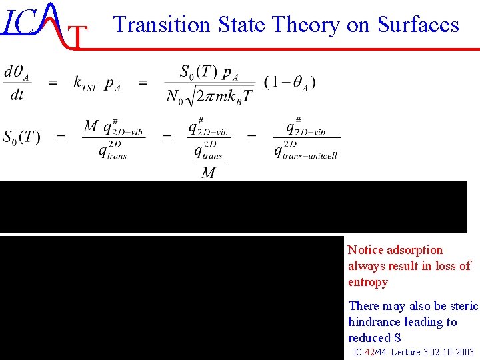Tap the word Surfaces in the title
click(x=419, y=25)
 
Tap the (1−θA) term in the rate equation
click(x=290, y=83)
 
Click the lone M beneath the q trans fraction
click(x=209, y=173)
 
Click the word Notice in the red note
click(x=366, y=250)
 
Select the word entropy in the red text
click(x=368, y=282)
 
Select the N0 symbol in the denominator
click(x=174, y=96)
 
